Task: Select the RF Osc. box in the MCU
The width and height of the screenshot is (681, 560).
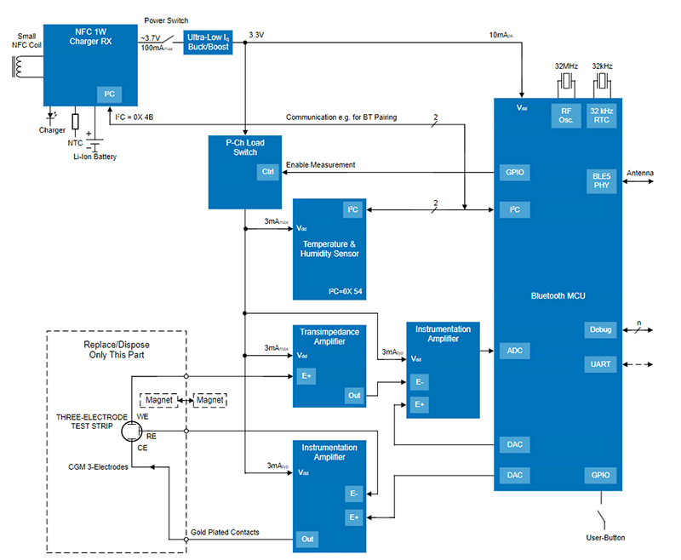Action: [565, 115]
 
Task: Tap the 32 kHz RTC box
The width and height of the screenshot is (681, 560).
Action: [603, 115]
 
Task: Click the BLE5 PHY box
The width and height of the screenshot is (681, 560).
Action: [602, 181]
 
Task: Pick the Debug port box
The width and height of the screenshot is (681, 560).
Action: [601, 329]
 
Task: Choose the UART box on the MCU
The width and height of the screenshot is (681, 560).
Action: [601, 364]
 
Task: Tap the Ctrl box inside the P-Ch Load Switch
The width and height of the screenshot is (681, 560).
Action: [267, 173]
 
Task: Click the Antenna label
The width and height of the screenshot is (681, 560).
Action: [640, 174]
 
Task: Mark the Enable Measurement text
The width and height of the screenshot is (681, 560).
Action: [320, 164]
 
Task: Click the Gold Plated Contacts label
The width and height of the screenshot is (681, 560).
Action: [225, 532]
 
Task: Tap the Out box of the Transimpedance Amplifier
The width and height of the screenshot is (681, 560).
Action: [354, 395]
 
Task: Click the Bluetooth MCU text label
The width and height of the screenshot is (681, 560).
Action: [558, 295]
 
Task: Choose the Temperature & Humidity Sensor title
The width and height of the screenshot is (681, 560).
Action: [329, 249]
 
